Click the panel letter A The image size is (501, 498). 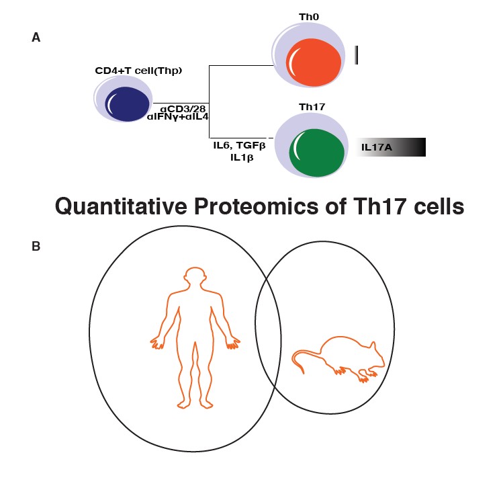(x=36, y=38)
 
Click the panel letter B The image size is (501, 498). (x=36, y=246)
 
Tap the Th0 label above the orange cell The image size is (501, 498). (x=309, y=17)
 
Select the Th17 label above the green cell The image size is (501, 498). (x=312, y=107)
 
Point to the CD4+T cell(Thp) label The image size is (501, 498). (x=138, y=71)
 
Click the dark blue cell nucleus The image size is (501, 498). (x=127, y=104)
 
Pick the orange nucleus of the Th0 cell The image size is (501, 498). (x=314, y=63)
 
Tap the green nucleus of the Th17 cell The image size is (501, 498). (x=316, y=153)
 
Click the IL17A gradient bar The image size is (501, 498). (x=391, y=147)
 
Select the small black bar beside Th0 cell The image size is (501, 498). (x=356, y=55)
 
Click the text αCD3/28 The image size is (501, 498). (x=183, y=109)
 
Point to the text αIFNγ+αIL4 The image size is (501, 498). (x=178, y=117)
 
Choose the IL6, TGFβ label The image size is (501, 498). (x=239, y=146)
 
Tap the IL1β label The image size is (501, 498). (x=242, y=158)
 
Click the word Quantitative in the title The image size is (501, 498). (x=121, y=206)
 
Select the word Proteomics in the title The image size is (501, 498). (x=257, y=206)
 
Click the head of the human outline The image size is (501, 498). (x=195, y=275)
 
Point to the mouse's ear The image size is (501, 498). (x=372, y=346)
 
